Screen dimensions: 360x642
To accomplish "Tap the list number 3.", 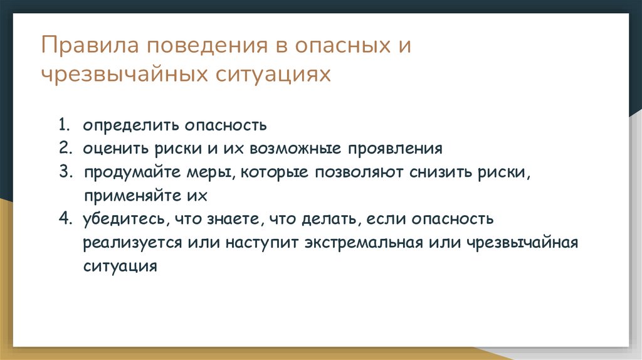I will click(x=64, y=172).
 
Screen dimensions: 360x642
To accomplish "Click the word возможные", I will click(x=295, y=149).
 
